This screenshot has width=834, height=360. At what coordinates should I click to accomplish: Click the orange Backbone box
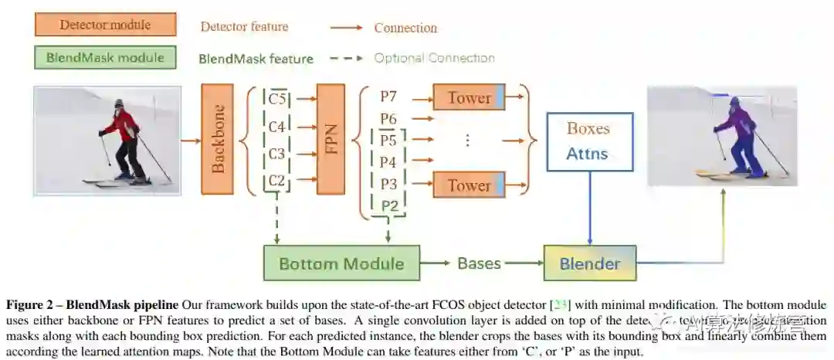pyautogui.click(x=217, y=139)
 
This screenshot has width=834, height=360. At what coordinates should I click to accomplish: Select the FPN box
pyautogui.click(x=331, y=139)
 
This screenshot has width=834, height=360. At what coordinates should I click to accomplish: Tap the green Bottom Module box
pyautogui.click(x=341, y=263)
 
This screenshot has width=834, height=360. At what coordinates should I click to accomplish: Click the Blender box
pyautogui.click(x=590, y=263)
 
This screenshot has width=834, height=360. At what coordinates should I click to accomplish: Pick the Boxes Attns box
pyautogui.click(x=588, y=141)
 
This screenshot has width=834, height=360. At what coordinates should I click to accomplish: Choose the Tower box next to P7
pyautogui.click(x=469, y=97)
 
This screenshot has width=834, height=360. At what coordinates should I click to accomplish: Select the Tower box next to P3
pyautogui.click(x=469, y=185)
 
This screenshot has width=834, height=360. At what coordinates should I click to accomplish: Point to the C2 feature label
pyautogui.click(x=276, y=182)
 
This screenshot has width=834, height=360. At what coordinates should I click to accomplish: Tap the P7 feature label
pyautogui.click(x=388, y=97)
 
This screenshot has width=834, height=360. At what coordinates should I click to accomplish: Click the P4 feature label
pyautogui.click(x=388, y=162)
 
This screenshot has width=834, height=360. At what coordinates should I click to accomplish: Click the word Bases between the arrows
pyautogui.click(x=479, y=263)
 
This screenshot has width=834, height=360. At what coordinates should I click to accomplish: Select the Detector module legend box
pyautogui.click(x=105, y=25)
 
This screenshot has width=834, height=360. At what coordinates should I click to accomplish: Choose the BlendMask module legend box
pyautogui.click(x=105, y=58)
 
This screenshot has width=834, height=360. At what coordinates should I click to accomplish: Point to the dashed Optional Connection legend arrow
pyautogui.click(x=346, y=58)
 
